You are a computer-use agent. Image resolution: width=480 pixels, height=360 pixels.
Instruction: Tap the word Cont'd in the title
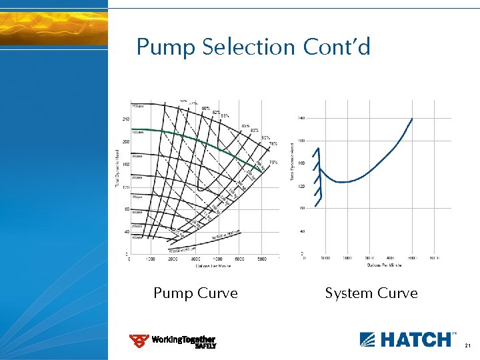[x=337, y=47]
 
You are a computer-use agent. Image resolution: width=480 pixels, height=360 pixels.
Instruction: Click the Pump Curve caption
[x=195, y=293]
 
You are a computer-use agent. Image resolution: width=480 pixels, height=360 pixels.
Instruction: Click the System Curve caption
[x=371, y=293]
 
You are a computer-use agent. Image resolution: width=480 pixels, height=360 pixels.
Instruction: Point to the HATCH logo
[x=405, y=339]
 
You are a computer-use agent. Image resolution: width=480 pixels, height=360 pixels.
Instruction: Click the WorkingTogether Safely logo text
[x=183, y=341]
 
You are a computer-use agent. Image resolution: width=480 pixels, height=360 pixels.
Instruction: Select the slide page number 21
[x=468, y=345]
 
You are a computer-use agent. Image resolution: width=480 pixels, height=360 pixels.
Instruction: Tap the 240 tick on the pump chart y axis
[x=125, y=119]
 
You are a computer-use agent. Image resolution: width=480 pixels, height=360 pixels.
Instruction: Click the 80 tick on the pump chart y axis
[x=125, y=209]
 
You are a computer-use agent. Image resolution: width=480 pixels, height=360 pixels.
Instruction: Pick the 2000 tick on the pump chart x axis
[x=172, y=259]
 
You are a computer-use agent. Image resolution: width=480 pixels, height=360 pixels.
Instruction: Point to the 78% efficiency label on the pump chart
[x=273, y=144]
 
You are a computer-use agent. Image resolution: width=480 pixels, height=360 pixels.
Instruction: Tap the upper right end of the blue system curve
[x=411, y=119]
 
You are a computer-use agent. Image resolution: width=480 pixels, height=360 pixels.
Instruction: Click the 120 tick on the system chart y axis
[x=301, y=187]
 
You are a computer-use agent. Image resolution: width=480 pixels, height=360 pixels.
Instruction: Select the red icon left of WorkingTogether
[x=139, y=341]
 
